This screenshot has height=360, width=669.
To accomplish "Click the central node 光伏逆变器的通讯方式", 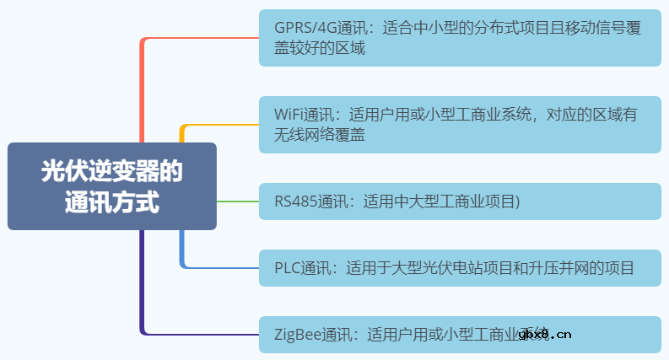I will click(111, 186).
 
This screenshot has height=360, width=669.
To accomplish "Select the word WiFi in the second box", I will click(289, 114).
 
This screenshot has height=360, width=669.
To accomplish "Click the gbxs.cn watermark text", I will click(546, 334).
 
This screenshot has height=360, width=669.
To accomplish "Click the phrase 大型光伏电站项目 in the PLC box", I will click(444, 268).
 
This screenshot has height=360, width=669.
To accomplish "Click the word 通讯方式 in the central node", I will click(111, 202).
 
